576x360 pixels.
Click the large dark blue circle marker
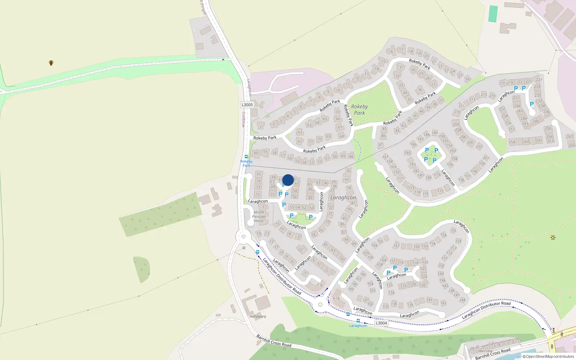tap(288, 180)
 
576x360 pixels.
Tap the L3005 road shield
tap(247, 105)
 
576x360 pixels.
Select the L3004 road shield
tap(381, 323)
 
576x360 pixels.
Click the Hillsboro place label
tap(258, 316)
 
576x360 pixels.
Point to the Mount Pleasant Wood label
tap(259, 217)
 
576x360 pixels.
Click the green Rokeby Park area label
tap(359, 110)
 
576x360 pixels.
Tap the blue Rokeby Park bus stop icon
tap(246, 157)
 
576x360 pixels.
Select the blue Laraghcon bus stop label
tap(358, 326)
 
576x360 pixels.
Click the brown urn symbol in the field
tap(51, 63)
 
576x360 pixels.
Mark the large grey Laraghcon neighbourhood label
tap(343, 198)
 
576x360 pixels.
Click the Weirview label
tap(485, 351)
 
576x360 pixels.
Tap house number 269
tap(571, 145)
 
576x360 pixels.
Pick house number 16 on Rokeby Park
tap(391, 51)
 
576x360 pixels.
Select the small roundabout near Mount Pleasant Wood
tap(244, 237)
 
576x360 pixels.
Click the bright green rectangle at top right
tap(493, 14)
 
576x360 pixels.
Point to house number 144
tap(462, 300)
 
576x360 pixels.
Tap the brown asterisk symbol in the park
tap(553, 238)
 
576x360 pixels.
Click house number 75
tap(259, 175)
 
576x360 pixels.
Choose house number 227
tap(539, 80)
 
